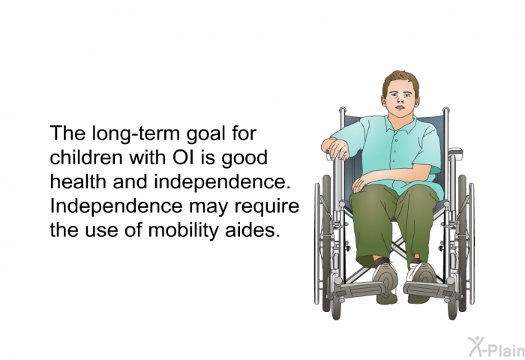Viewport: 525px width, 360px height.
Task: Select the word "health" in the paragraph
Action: (x=73, y=183)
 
